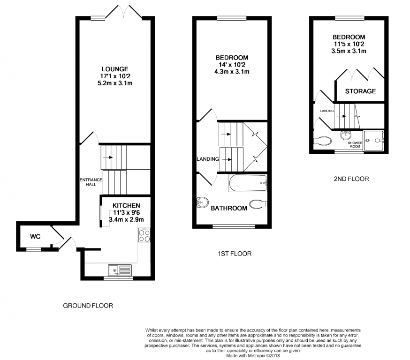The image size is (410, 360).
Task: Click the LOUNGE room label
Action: tap(115, 69)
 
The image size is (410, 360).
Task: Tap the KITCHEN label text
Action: tap(126, 206)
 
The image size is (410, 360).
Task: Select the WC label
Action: tap(35, 237)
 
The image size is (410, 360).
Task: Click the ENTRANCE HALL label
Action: tap(91, 182)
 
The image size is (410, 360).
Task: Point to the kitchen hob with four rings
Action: tap(144, 235)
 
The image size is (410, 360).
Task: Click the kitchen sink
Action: tap(120, 270)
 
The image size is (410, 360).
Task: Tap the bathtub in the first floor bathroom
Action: tap(248, 183)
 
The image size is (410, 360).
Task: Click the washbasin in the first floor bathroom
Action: tap(202, 202)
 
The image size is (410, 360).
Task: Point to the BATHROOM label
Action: tap(229, 208)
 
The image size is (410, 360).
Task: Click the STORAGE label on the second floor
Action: tap(360, 91)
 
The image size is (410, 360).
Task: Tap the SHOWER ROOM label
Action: tap(355, 145)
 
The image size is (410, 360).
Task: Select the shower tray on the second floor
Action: tap(373, 140)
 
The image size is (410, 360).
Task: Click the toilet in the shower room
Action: tap(322, 141)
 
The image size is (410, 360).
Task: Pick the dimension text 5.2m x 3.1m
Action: tap(115, 83)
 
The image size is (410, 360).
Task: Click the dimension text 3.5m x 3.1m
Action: tap(349, 51)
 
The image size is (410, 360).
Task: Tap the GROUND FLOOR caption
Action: tap(88, 306)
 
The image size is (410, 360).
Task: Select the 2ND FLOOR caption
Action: tap(351, 179)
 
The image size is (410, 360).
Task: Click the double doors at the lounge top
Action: tap(124, 12)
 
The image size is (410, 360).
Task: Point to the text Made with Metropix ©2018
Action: tap(253, 356)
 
